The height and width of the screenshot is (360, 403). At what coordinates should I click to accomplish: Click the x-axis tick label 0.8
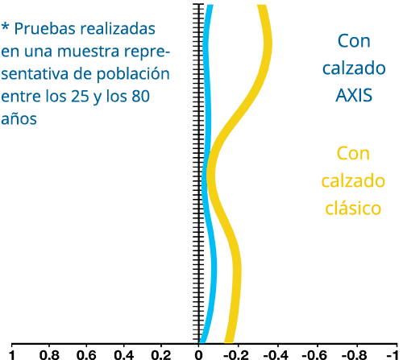(x=49, y=355)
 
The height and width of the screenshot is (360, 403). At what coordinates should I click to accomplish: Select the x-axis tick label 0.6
(x=86, y=355)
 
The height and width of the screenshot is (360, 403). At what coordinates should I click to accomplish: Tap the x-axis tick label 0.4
(x=124, y=355)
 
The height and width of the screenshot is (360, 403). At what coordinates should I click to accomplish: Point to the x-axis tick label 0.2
(x=161, y=355)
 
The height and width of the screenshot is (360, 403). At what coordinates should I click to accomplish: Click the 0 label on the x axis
(x=198, y=355)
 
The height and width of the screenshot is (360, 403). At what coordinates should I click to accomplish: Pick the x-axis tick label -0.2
(x=237, y=355)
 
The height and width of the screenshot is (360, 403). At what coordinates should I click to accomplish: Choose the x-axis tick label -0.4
(x=276, y=355)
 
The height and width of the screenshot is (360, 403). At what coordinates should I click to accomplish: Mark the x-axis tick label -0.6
(x=315, y=355)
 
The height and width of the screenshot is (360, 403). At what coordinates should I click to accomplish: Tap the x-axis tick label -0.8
(x=355, y=355)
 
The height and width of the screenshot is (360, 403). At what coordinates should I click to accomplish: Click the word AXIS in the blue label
(x=354, y=95)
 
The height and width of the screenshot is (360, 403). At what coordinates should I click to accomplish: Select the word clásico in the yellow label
(x=353, y=208)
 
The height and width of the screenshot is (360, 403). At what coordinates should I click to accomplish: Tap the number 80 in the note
(x=141, y=96)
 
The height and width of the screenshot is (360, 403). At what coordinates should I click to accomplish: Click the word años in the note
(x=19, y=118)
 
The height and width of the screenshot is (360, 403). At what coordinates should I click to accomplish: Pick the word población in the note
(x=133, y=74)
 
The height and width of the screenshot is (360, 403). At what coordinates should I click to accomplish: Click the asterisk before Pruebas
(x=6, y=27)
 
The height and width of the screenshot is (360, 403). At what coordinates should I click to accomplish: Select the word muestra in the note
(x=88, y=51)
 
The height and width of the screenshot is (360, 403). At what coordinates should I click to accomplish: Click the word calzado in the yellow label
(x=353, y=180)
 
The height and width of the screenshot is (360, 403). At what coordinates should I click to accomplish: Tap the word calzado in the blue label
(x=354, y=68)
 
